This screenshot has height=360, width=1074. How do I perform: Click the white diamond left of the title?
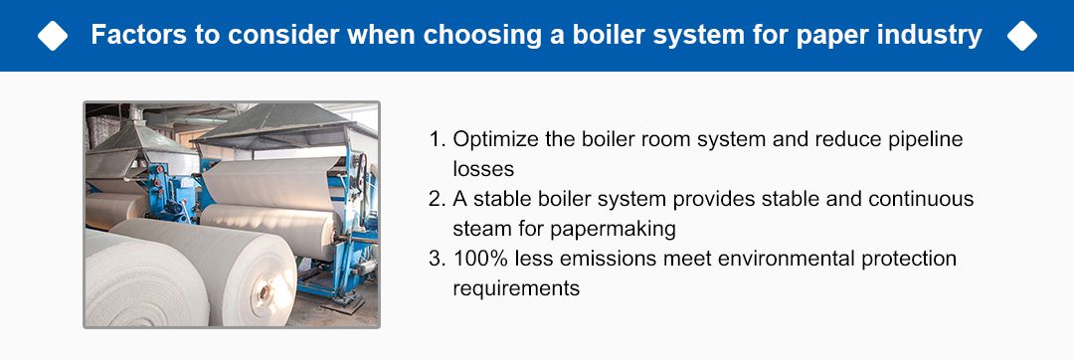[52, 36]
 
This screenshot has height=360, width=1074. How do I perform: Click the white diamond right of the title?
[1021, 36]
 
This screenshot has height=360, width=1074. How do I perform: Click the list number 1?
[436, 139]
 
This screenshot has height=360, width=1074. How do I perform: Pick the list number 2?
[436, 199]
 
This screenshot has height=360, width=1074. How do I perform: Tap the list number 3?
[436, 259]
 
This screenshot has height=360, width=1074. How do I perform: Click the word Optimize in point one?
[492, 139]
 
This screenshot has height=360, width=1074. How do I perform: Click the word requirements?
[515, 288]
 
